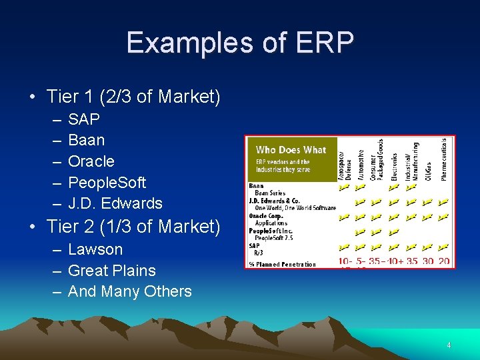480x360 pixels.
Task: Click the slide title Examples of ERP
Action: point(239,43)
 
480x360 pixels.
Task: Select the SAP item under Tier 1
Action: point(84,119)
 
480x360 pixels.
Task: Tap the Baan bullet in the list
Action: point(87,140)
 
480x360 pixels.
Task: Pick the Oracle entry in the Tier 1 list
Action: point(91,161)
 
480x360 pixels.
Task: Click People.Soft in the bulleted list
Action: point(107,182)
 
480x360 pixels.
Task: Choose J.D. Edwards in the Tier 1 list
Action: point(115,203)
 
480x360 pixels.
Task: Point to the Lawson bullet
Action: point(95,249)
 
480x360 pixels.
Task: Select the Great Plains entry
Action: point(112,271)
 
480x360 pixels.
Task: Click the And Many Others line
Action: point(129,291)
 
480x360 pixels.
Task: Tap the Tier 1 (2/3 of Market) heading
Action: point(133,97)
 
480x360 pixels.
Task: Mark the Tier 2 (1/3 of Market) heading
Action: point(133,227)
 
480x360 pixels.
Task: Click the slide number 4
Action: point(449,345)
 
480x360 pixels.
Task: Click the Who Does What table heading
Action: point(291,150)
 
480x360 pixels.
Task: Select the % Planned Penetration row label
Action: point(283,265)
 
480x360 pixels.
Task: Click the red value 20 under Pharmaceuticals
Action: point(444,261)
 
